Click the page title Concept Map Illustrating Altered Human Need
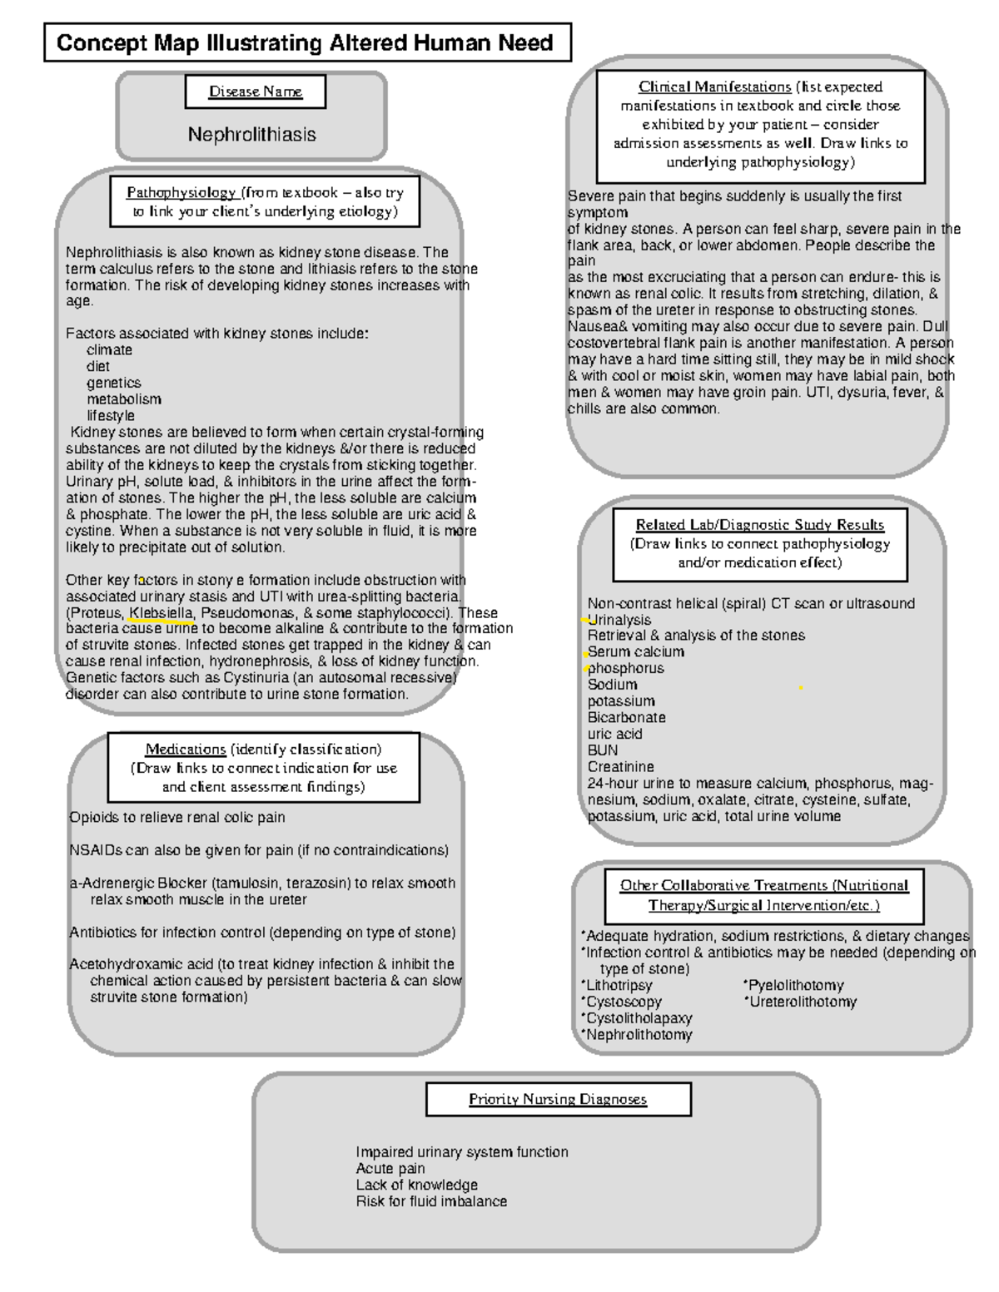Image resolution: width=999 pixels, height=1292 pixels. pos(306,43)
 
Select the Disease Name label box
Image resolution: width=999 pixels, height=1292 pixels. pos(255,92)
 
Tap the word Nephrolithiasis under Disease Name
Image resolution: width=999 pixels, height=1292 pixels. pos(251,134)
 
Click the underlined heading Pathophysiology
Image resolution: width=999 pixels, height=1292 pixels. pos(181,193)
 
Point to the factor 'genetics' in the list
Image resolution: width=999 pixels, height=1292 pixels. pos(113,383)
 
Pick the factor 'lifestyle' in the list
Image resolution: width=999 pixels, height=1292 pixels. pos(111,415)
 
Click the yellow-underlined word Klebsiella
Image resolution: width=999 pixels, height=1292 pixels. pos(162,613)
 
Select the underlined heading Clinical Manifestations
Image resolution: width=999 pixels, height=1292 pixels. pos(714,87)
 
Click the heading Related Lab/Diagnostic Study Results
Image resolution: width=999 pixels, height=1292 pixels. pos(759,525)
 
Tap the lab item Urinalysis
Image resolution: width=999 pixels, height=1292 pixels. pos(619,620)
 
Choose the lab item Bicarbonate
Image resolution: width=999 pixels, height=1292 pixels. pos(626,717)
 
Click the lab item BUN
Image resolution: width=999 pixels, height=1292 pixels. pos(603,750)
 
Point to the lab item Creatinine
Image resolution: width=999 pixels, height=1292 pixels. pos(620,766)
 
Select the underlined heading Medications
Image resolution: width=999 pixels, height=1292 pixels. pos(186,750)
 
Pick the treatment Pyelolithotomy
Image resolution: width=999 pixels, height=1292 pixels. pos(796,986)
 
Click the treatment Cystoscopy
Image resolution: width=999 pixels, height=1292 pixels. pos(624,1002)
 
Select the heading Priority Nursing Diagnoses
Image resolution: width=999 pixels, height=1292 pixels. pos(557,1099)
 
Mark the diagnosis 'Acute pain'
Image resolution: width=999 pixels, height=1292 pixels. pos(390,1168)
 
